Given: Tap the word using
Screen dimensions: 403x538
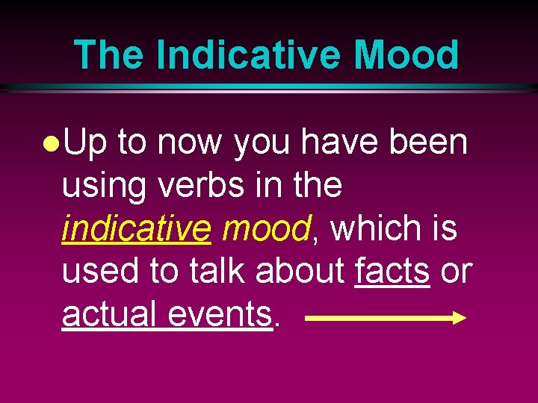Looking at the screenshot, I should click(x=105, y=186).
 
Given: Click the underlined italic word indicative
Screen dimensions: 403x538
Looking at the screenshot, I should click(x=137, y=228).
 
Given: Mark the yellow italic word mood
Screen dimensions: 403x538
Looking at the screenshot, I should click(x=265, y=228).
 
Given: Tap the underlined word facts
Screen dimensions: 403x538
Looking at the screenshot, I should click(x=392, y=272).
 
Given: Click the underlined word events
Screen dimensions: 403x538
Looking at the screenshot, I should click(x=220, y=314).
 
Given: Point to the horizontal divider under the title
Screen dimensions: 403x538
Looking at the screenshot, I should click(x=269, y=87).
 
